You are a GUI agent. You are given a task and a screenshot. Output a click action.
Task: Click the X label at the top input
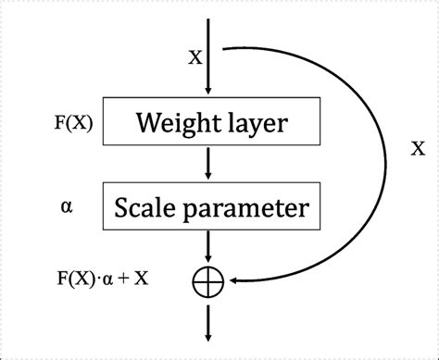click(194, 57)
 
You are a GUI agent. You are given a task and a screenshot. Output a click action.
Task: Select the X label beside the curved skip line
click(417, 148)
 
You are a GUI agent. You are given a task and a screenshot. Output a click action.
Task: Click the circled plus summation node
click(207, 278)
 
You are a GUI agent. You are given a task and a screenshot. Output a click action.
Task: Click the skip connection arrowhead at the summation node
click(233, 278)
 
